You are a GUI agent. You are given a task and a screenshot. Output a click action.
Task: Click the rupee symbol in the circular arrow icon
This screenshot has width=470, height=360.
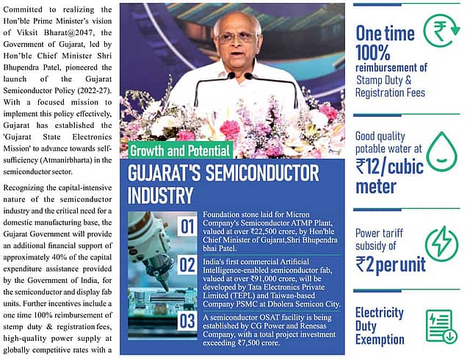click(x=442, y=32)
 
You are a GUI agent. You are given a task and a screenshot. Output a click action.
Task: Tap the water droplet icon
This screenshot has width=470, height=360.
click(x=441, y=151)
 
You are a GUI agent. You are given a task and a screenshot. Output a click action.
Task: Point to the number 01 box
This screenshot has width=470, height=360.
click(x=187, y=226)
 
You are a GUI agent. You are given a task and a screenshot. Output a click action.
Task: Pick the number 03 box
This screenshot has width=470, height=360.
click(x=187, y=321)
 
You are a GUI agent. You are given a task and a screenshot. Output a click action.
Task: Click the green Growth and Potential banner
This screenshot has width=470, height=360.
click(x=181, y=151)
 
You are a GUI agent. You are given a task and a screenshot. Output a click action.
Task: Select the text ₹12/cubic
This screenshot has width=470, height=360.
click(x=389, y=167)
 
